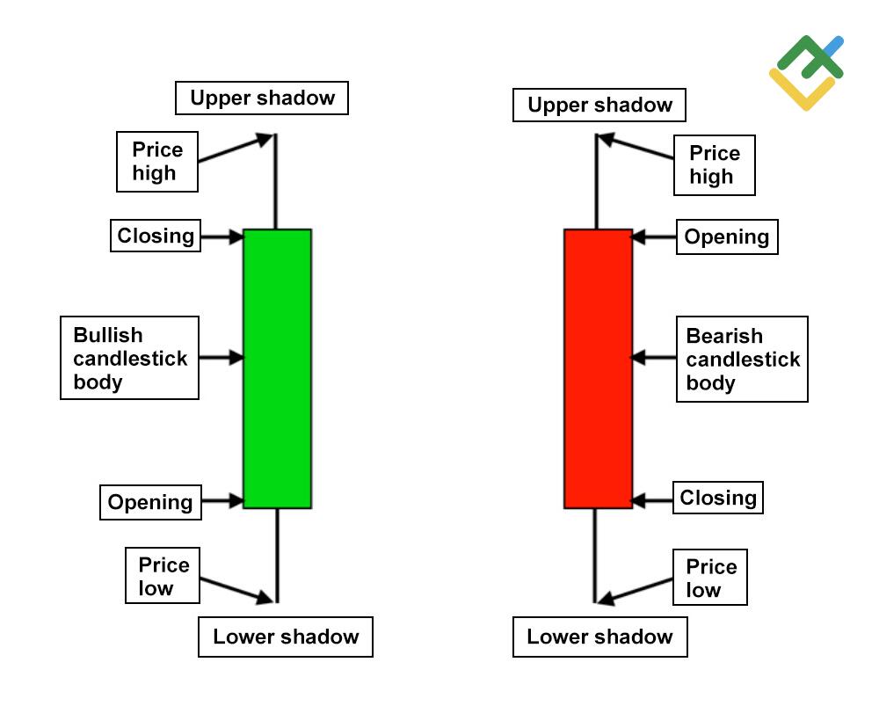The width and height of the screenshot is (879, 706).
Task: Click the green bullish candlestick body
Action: (277, 368)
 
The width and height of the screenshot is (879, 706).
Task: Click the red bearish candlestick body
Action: (598, 368)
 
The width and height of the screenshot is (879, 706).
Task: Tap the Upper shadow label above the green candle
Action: (262, 98)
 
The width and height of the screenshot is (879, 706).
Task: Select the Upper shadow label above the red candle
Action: (599, 106)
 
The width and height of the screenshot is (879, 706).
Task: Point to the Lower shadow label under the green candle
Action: (286, 637)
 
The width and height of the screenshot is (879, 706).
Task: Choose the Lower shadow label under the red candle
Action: (599, 637)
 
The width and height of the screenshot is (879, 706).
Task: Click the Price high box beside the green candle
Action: (156, 162)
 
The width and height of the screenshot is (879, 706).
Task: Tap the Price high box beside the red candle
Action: (714, 165)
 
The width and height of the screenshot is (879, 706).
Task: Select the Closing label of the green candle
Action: (156, 236)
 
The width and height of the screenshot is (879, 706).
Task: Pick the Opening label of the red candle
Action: (726, 237)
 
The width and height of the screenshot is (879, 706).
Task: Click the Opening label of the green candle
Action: (150, 502)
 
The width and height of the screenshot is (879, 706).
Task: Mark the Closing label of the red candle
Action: (717, 498)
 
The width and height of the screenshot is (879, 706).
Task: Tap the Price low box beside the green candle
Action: (163, 577)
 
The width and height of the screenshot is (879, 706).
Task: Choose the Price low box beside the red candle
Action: (710, 578)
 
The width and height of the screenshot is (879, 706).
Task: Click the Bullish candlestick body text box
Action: (129, 358)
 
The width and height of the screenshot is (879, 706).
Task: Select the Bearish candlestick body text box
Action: (742, 359)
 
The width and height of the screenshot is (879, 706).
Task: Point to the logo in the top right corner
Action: (806, 72)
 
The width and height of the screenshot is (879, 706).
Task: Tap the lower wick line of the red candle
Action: (596, 554)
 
